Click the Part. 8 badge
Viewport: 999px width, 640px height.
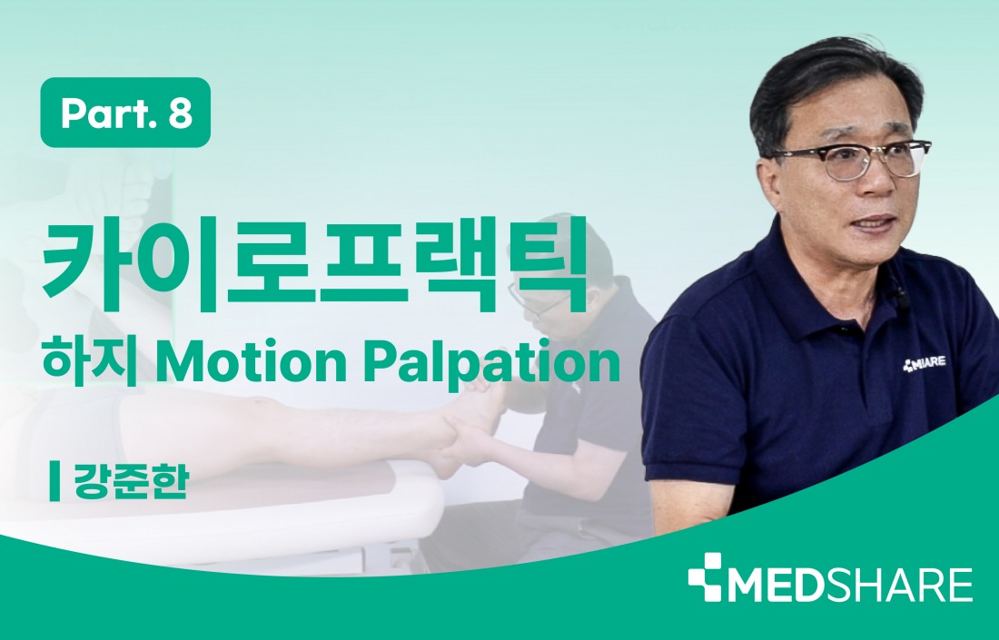pyautogui.click(x=125, y=113)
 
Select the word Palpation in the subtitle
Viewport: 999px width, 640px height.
pyautogui.click(x=492, y=364)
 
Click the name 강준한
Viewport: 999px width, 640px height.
pyautogui.click(x=132, y=482)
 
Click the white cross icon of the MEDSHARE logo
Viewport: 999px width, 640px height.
pyautogui.click(x=706, y=577)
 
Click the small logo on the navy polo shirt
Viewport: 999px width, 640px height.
pyautogui.click(x=924, y=364)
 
